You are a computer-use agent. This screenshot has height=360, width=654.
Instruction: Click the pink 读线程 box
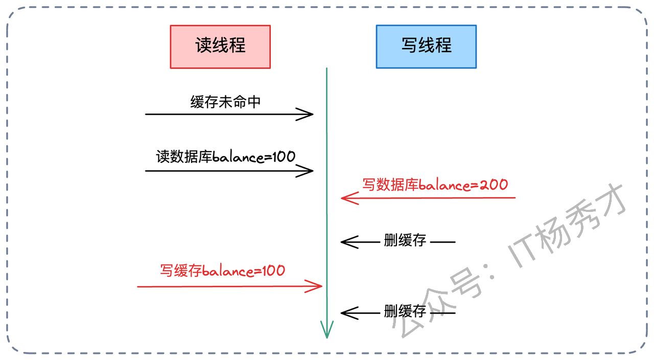tap(220, 46)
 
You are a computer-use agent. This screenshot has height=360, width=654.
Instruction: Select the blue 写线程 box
tap(426, 46)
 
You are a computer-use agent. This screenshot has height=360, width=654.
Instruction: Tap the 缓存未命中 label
tap(225, 102)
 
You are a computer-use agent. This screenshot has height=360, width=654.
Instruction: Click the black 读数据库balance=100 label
tap(226, 156)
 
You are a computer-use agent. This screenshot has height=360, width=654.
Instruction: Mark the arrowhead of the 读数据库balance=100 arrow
tap(308, 171)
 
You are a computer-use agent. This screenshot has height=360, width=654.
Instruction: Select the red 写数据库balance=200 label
tap(435, 184)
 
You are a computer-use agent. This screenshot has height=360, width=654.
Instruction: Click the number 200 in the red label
tap(494, 184)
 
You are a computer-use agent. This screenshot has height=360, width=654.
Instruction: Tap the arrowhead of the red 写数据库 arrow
tap(346, 198)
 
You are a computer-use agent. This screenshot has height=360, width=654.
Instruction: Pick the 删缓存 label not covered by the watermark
tap(405, 240)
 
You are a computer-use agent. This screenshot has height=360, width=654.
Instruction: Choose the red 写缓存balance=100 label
tap(222, 270)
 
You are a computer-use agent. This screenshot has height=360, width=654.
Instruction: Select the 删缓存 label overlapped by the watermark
tap(405, 310)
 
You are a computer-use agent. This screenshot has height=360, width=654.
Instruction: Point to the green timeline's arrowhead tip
tap(326, 337)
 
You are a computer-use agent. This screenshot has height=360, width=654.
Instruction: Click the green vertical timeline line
tap(326, 214)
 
